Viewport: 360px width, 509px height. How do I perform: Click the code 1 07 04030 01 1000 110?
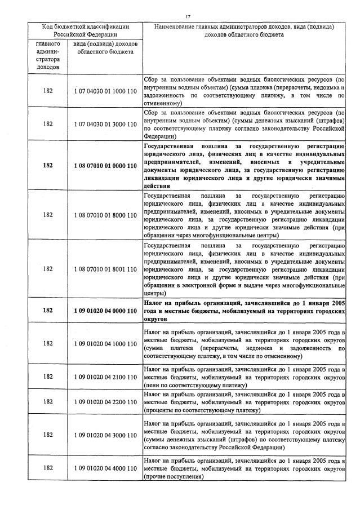[105, 91]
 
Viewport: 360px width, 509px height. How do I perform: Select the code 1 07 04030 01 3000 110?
[105, 124]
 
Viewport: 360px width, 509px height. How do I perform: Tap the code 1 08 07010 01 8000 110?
[105, 215]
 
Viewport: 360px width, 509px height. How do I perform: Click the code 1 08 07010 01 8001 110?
[105, 269]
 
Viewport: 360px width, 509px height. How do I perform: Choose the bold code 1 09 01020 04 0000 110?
[105, 311]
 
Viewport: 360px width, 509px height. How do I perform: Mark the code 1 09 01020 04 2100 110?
[105, 376]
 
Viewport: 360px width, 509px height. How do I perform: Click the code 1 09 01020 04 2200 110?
[105, 401]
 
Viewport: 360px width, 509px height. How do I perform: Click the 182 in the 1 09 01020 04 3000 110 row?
[48, 435]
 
